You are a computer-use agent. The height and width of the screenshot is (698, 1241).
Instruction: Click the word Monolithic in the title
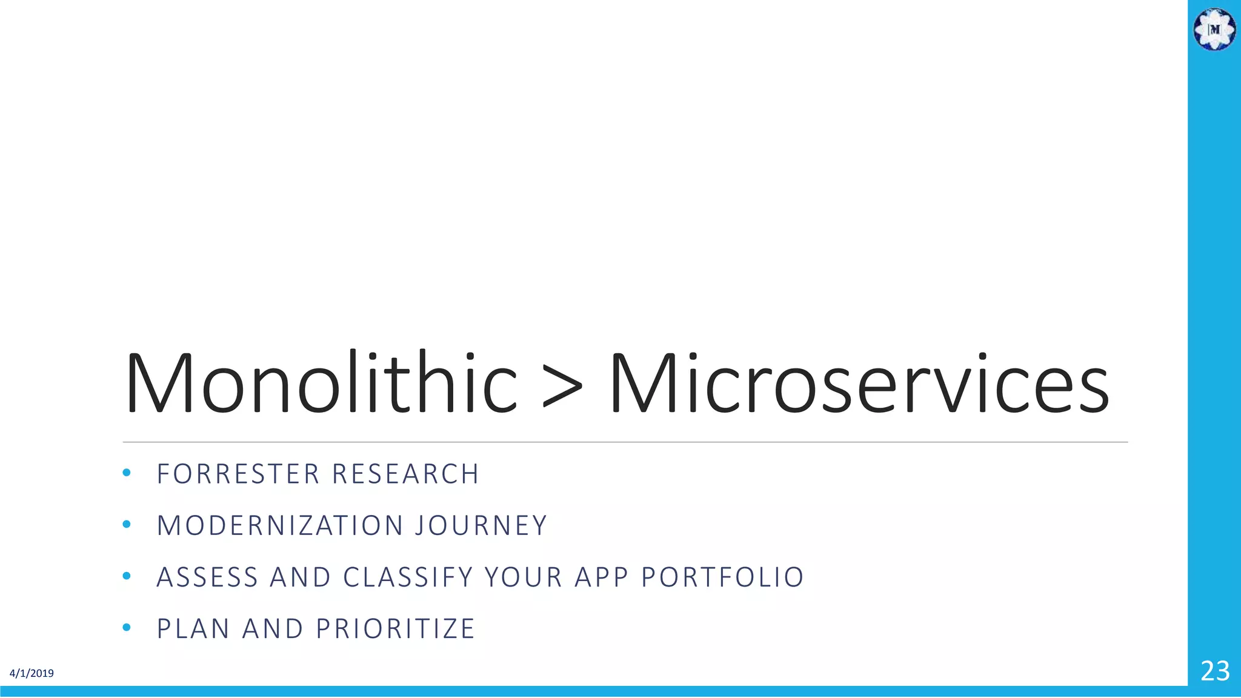click(x=321, y=384)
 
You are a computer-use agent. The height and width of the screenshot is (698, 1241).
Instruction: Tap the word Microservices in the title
click(x=860, y=384)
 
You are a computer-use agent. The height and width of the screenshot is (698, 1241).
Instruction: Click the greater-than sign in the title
click(x=562, y=386)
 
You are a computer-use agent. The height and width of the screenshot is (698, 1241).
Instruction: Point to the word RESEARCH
click(x=406, y=474)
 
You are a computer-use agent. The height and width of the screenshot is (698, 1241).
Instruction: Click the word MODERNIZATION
click(x=280, y=526)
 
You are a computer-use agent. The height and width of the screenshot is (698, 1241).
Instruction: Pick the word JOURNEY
click(x=481, y=526)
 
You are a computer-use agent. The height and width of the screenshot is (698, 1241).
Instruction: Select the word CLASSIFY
click(x=408, y=577)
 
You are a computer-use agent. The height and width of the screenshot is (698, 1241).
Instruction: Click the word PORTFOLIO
click(x=723, y=577)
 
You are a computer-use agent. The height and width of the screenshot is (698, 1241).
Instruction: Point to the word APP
click(x=593, y=577)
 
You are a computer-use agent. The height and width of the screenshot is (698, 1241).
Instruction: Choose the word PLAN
click(x=193, y=629)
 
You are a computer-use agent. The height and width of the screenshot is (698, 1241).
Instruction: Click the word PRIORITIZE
click(x=396, y=629)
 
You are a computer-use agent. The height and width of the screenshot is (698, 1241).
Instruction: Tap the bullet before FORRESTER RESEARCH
click(x=126, y=473)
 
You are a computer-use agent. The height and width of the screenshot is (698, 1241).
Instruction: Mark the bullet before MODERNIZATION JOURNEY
click(x=126, y=525)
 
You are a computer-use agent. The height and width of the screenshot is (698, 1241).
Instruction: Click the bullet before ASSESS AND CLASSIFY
click(x=126, y=576)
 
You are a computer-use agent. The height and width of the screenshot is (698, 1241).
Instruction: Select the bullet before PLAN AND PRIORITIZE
click(x=126, y=628)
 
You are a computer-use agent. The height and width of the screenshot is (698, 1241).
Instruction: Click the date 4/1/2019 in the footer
click(x=32, y=673)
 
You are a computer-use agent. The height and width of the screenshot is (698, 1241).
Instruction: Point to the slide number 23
click(x=1215, y=671)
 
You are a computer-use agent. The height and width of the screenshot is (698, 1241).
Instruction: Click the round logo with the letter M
click(x=1214, y=29)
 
